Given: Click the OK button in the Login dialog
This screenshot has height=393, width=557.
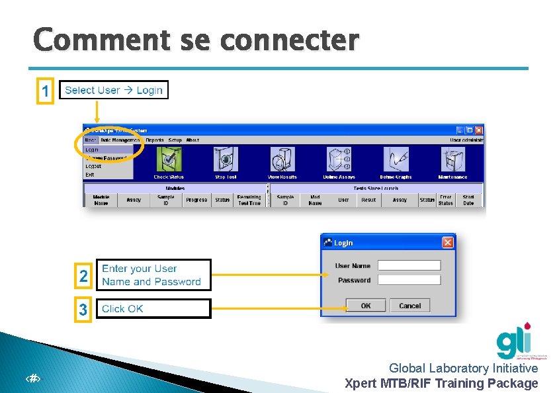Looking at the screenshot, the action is (365, 306).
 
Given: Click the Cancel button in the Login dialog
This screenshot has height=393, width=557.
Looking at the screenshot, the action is (409, 306).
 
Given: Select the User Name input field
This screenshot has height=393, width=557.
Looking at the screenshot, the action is (408, 265).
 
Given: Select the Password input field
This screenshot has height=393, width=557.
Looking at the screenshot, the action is (408, 280).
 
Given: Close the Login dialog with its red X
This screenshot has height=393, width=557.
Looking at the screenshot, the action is (448, 243).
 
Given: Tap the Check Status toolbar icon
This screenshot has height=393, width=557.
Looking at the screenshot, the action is (169, 159).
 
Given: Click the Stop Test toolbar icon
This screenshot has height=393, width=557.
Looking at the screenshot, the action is (226, 159).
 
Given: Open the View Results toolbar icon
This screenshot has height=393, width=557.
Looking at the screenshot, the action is (282, 159).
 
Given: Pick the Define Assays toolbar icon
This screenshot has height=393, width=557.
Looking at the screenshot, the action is (339, 159).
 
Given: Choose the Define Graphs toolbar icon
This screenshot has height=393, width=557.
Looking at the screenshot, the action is (396, 159).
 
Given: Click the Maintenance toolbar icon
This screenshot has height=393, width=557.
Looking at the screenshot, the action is (452, 159).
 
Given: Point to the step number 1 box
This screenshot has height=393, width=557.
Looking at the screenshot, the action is (44, 91).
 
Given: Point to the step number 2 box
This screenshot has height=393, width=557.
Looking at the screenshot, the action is (83, 276).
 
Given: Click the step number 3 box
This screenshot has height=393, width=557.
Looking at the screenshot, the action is (83, 309).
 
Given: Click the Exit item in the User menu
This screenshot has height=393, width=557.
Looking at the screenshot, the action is (90, 175).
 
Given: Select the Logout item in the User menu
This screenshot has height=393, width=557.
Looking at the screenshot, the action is (93, 167).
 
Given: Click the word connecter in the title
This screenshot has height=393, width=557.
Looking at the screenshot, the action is (289, 40).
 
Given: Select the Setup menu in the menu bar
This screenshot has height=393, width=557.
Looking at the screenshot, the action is (175, 140).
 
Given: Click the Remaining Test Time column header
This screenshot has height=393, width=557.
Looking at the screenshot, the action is (249, 200).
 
